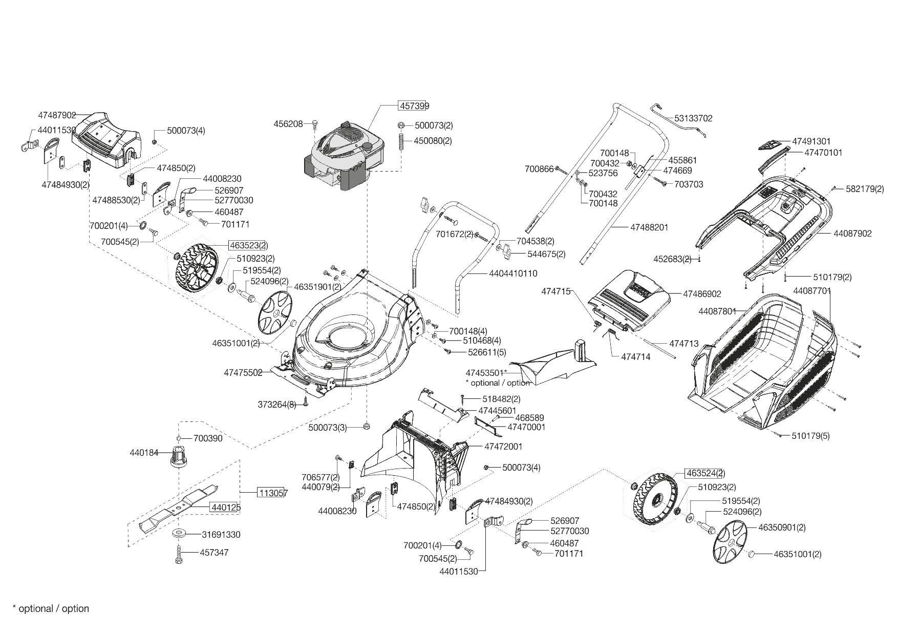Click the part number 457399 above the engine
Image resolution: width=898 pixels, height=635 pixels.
point(414,106)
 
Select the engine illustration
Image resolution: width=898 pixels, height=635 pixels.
point(344,154)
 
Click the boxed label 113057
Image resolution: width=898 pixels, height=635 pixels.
point(272,493)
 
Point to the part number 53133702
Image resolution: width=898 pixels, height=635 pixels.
point(693,118)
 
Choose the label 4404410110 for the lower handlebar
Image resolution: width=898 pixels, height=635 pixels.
point(513,273)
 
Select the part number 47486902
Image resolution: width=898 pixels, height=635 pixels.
point(702,294)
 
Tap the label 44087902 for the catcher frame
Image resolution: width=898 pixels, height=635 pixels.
point(852,234)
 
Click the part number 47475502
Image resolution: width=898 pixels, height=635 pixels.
point(243,373)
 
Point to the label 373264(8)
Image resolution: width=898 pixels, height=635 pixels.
point(277,405)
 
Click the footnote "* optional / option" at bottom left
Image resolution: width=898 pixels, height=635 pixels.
point(51,608)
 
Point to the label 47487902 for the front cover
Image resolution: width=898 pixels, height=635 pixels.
point(57,115)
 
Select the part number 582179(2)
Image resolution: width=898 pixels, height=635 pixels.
point(865,188)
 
